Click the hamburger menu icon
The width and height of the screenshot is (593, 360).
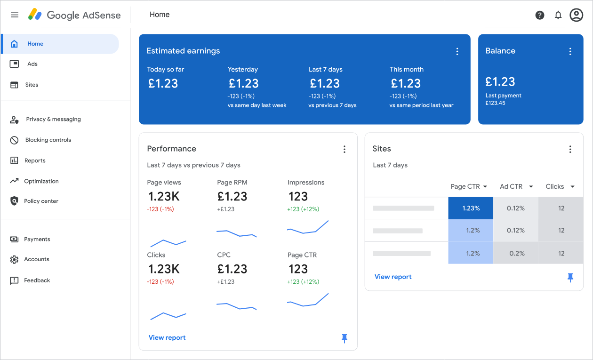pos(15,15)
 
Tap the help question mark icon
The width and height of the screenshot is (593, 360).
pos(540,15)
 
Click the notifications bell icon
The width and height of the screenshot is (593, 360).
pos(558,15)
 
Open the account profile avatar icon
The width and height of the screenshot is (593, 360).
pos(576,15)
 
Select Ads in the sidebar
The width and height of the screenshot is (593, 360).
pos(32,64)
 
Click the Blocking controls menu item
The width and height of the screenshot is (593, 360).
pos(48,140)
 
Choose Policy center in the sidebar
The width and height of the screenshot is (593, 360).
pos(41,201)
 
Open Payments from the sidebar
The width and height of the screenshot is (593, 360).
pos(37,239)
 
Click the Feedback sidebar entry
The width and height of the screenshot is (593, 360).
pos(37,280)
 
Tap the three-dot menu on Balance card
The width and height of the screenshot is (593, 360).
pos(570,51)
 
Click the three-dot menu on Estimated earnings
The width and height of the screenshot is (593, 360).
pos(457,51)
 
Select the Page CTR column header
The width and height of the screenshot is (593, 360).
pos(465,186)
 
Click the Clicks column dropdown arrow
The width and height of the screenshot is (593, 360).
pos(572,187)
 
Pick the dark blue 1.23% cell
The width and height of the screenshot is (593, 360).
pos(471,208)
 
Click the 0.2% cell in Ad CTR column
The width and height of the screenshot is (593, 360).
pos(516,253)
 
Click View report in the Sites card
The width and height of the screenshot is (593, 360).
pos(393,277)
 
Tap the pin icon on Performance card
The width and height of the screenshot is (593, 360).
pos(345,338)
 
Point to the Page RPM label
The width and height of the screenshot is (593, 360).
pos(232,183)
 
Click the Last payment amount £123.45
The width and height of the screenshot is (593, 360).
pos(495,103)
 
